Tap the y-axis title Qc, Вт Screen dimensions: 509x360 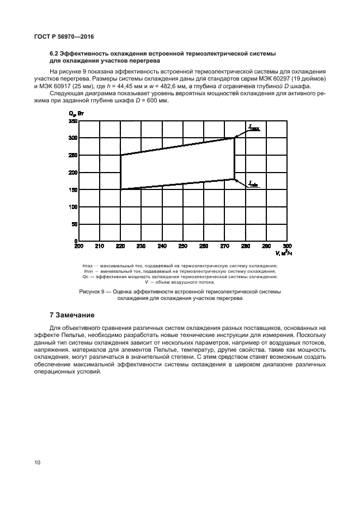[x=76, y=113]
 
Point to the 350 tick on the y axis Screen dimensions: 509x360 [x=73, y=121]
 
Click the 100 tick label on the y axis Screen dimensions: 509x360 [x=73, y=207]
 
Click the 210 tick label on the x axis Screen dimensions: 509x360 [x=99, y=247]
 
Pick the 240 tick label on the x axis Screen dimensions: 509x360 [x=162, y=247]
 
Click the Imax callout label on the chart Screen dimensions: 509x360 [x=254, y=128]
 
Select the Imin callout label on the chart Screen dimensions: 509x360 [x=253, y=185]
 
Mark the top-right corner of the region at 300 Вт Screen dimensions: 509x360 [x=234, y=138]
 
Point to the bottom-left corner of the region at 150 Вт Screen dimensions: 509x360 [x=120, y=189]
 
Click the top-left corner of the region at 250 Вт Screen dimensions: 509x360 [x=120, y=155]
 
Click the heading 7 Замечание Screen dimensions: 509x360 [x=72, y=315]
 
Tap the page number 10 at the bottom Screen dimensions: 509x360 [x=37, y=463]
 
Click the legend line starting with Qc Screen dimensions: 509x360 [x=180, y=277]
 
